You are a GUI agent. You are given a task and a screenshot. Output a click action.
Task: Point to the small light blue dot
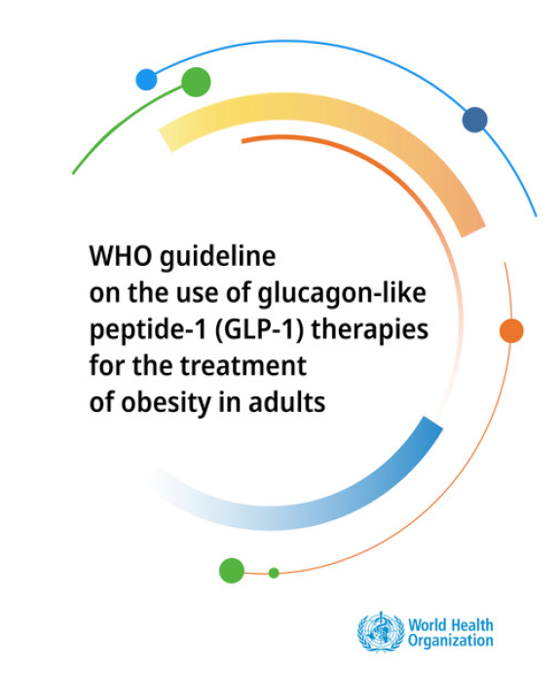146,80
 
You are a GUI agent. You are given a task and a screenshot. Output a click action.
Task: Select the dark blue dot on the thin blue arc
474,120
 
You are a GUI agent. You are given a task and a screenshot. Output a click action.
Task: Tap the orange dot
511,330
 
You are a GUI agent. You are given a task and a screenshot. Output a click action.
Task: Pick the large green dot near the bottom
232,570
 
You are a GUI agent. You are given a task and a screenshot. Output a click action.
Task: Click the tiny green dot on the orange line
274,573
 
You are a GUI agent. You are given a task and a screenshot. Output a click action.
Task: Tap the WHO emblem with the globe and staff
379,632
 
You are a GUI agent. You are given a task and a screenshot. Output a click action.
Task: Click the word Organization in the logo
451,641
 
